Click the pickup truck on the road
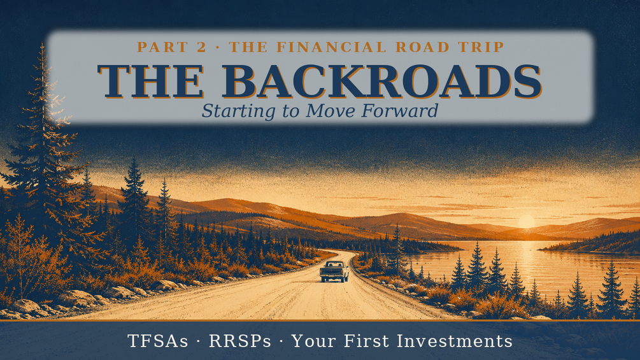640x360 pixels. click(334, 271)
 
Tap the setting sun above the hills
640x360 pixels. click(526, 222)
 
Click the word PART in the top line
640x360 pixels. click(161, 47)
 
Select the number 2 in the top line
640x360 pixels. click(201, 47)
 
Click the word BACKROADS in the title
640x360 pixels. click(381, 81)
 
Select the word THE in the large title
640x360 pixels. click(151, 81)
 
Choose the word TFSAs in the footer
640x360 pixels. click(157, 341)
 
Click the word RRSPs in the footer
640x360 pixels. click(239, 341)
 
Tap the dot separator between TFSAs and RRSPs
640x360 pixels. click(199, 342)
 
